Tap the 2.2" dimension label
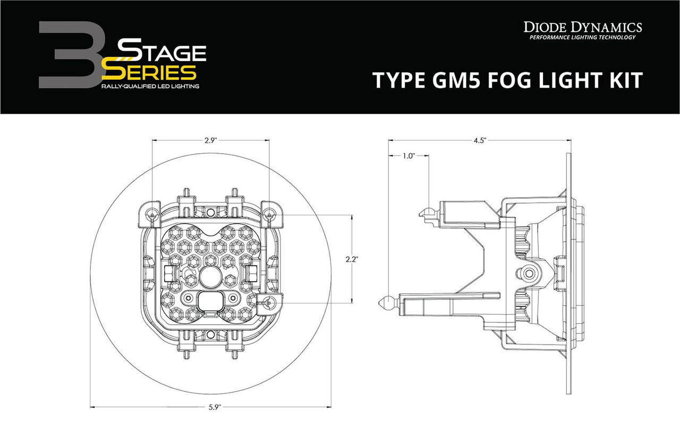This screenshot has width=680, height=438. pos(352,259)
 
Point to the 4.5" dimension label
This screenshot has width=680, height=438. pos(480,140)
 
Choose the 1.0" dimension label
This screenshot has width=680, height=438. pos(408,156)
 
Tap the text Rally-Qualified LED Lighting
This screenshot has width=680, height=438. pos(150,86)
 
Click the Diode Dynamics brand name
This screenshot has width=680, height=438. pos(583,27)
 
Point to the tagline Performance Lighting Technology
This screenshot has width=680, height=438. pos(583,38)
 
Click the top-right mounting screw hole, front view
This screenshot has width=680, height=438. pos(270,214)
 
